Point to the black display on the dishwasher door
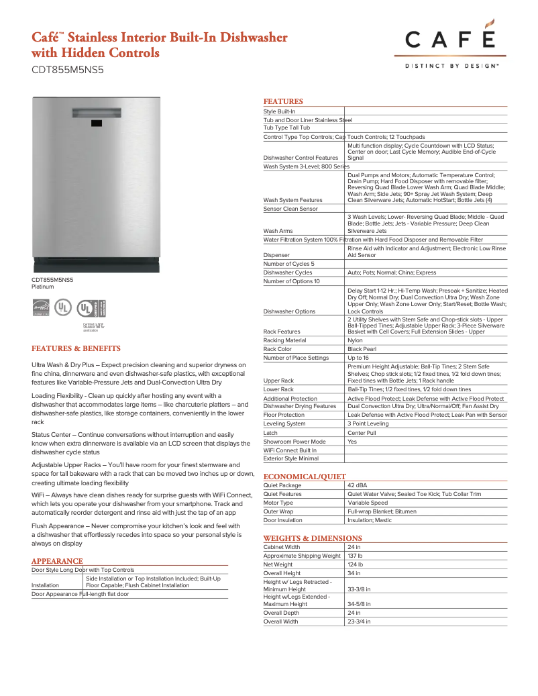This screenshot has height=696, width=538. pyautogui.click(x=95, y=123)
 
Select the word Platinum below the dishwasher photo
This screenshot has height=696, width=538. pyautogui.click(x=44, y=287)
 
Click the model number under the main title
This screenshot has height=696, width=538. pyautogui.click(x=68, y=69)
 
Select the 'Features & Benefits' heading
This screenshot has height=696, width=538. pyautogui.click(x=76, y=348)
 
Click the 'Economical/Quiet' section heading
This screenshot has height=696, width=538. pyautogui.click(x=305, y=476)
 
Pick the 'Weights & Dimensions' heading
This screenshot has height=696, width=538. pyautogui.click(x=313, y=538)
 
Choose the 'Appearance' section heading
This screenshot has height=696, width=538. pyautogui.click(x=57, y=561)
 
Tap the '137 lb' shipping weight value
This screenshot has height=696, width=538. pyautogui.click(x=355, y=556)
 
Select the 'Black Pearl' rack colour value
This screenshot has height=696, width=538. pyautogui.click(x=362, y=349)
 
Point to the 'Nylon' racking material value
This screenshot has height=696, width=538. pyautogui.click(x=355, y=340)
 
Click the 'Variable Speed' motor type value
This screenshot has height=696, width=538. pyautogui.click(x=368, y=503)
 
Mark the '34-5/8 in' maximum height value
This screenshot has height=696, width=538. pyautogui.click(x=359, y=604)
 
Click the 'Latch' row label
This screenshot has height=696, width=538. pyautogui.click(x=270, y=433)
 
